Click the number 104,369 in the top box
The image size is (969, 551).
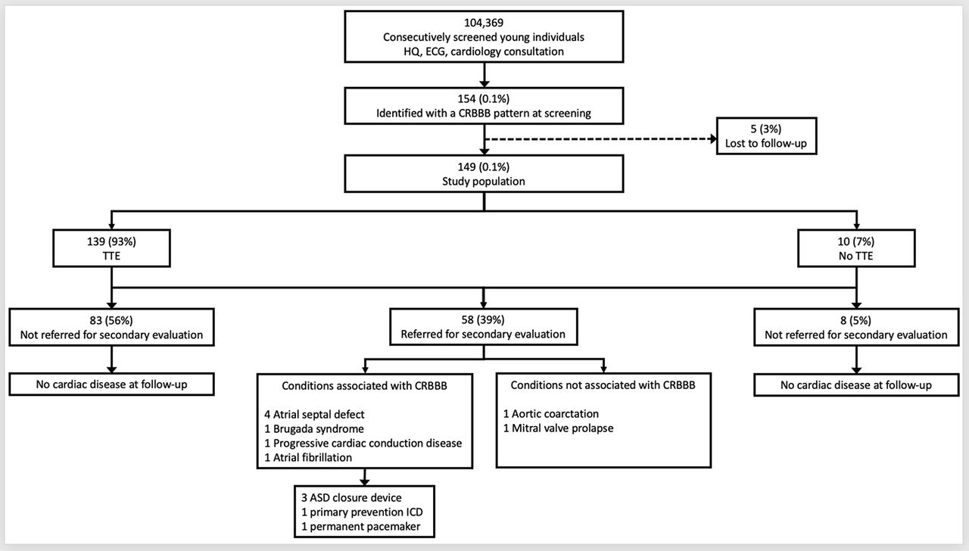pyautogui.click(x=484, y=23)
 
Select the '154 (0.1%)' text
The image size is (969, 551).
pyautogui.click(x=484, y=99)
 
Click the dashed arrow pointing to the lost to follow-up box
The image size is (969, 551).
pyautogui.click(x=600, y=139)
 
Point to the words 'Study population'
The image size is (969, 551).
pyautogui.click(x=484, y=181)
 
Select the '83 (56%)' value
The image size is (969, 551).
pyautogui.click(x=111, y=320)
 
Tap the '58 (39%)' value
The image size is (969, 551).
pyautogui.click(x=483, y=320)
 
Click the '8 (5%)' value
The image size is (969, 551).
pyautogui.click(x=855, y=320)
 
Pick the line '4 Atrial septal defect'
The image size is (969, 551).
pyautogui.click(x=314, y=414)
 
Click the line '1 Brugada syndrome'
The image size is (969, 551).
pyautogui.click(x=314, y=429)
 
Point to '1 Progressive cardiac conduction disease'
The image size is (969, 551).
pyautogui.click(x=363, y=444)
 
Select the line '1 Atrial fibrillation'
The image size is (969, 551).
pyautogui.click(x=308, y=458)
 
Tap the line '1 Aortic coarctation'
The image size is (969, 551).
pyautogui.click(x=551, y=414)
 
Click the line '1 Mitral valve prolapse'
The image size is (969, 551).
pyautogui.click(x=559, y=428)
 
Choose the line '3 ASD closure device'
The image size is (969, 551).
pyautogui.click(x=351, y=498)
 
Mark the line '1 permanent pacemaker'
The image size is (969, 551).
pyautogui.click(x=361, y=527)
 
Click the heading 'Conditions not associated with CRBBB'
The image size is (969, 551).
pyautogui.click(x=603, y=385)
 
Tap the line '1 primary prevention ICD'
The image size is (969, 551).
pyautogui.click(x=362, y=512)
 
